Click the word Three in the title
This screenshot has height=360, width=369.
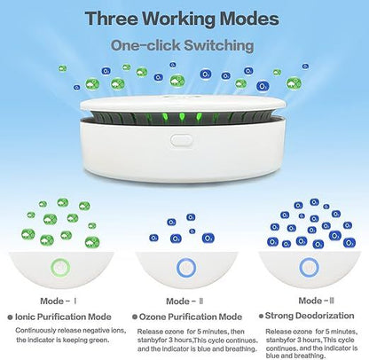tap(112, 19)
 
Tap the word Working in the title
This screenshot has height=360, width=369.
tap(179, 20)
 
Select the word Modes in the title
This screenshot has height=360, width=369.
tap(249, 19)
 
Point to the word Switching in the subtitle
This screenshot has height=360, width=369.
tap(219, 46)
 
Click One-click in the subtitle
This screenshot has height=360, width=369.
tap(145, 45)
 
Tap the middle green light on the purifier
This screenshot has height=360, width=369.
tap(181, 118)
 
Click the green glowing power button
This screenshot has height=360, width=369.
tap(60, 268)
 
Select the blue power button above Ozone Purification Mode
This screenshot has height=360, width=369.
tap(186, 268)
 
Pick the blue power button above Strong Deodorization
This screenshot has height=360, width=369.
tap(309, 268)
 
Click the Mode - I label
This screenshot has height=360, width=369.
tap(59, 301)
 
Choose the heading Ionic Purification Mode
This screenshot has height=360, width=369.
tap(63, 317)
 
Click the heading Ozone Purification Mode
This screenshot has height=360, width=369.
tap(191, 317)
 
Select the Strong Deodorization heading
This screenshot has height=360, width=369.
tap(310, 316)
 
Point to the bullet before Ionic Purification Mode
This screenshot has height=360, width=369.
tap(10, 317)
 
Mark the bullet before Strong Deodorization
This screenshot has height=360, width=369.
tap(261, 316)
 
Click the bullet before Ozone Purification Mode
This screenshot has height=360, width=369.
tap(135, 317)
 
